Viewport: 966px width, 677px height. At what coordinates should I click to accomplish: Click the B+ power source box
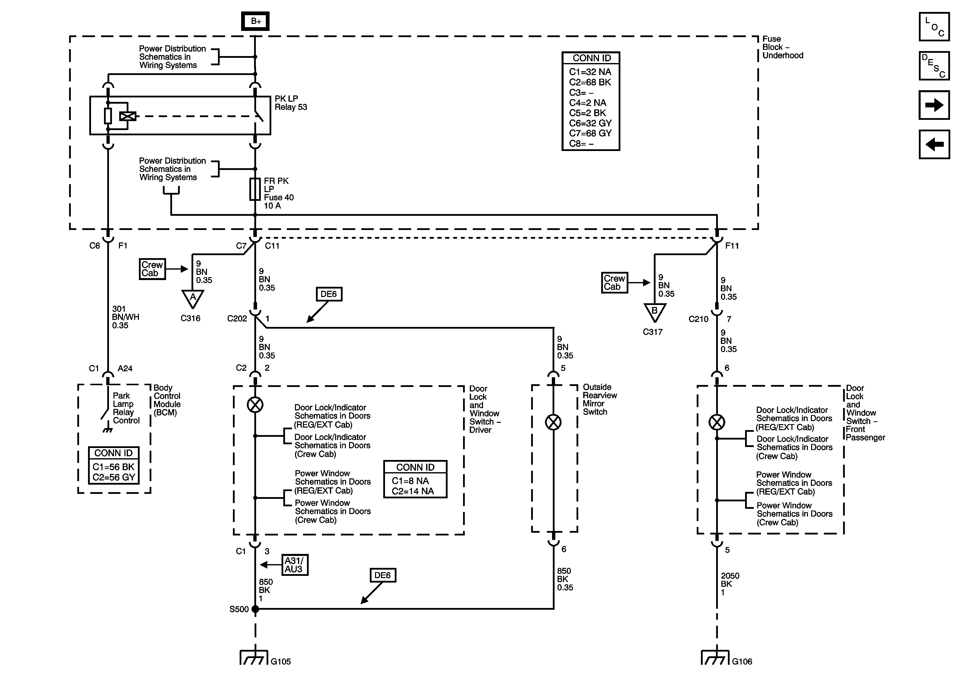(x=255, y=21)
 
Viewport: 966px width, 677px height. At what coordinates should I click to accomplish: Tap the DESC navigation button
(x=934, y=66)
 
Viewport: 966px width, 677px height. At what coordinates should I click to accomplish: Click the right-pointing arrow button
(x=934, y=105)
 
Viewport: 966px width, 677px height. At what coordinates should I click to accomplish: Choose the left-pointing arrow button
(x=934, y=144)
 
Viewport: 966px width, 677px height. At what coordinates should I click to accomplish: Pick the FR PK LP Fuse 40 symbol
(x=255, y=189)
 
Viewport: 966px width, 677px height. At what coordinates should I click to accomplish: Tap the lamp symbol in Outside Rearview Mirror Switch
(x=553, y=422)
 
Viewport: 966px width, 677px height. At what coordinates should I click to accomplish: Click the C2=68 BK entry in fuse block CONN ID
(x=590, y=82)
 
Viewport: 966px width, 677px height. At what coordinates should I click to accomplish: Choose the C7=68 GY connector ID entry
(x=590, y=133)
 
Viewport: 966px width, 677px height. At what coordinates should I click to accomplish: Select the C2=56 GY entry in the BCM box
(x=114, y=477)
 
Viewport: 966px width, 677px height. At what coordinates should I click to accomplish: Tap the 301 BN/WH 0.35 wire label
(x=125, y=317)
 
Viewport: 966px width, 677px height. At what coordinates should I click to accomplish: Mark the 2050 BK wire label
(x=730, y=584)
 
